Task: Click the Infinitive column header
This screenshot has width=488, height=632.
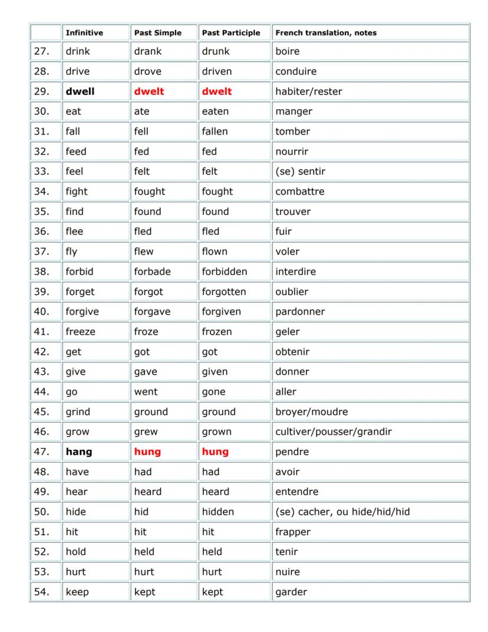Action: [x=84, y=33]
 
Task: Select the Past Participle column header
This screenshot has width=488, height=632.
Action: [x=230, y=33]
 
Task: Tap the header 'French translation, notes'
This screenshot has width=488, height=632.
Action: [x=326, y=33]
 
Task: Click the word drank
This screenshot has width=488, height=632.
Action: [x=147, y=51]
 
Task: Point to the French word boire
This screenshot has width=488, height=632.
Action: [x=287, y=51]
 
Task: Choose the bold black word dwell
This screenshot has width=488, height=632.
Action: [x=80, y=91]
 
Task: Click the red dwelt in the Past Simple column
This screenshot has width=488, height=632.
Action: [x=149, y=91]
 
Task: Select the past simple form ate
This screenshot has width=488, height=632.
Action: [x=141, y=112]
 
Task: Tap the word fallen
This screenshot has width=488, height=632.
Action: [x=215, y=132]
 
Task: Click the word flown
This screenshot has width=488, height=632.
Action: [x=215, y=251]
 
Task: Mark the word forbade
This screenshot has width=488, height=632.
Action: [x=152, y=271]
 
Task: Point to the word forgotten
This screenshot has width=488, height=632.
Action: [x=224, y=292]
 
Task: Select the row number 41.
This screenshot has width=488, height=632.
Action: [x=41, y=332]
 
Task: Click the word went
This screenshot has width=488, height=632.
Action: [x=146, y=392]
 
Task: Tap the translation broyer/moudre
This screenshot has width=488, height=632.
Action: [x=311, y=412]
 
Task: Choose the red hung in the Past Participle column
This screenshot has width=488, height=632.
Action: [x=215, y=452]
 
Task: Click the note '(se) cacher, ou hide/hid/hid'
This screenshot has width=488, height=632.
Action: [x=342, y=512]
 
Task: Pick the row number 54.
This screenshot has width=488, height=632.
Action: [x=41, y=592]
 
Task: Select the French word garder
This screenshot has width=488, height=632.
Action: [x=291, y=592]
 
